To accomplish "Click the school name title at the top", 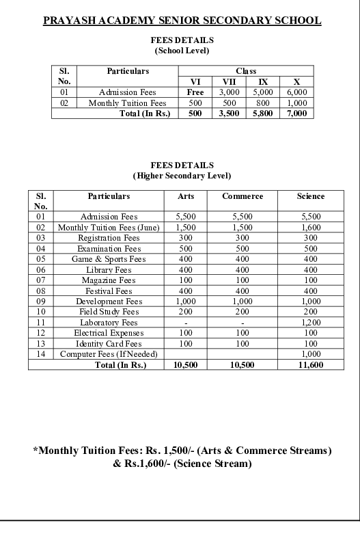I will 182,21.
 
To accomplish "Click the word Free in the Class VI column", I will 195,92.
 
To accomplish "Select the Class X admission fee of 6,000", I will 296,92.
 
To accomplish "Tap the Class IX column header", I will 262,81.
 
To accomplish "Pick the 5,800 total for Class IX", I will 262,113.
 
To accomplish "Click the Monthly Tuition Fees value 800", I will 262,103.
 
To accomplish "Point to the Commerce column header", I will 243,196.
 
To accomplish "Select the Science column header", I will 311,196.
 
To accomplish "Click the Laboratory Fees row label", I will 109,322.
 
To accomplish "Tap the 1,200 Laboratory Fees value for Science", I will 311,322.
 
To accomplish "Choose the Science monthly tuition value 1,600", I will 311,227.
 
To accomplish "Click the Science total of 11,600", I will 311,365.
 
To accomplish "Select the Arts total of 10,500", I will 186,365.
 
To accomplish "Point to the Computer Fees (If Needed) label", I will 109,353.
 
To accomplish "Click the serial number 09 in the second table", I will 41,301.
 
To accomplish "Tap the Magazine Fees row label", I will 109,280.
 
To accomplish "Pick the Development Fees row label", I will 109,301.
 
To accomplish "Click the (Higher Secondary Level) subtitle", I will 182,176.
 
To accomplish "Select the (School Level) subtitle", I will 182,51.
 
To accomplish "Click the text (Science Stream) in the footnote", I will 211,464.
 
